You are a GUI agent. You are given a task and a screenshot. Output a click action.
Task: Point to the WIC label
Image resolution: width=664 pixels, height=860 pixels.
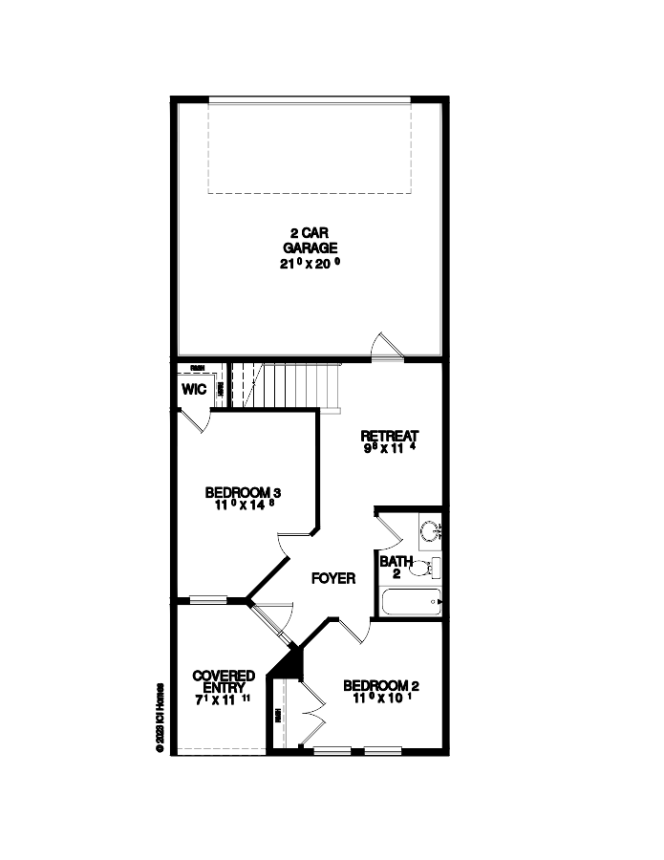(194, 390)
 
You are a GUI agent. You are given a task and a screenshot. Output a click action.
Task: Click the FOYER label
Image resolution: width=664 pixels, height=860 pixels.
(332, 578)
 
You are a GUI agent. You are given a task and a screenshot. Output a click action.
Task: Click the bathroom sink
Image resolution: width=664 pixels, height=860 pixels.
(430, 528)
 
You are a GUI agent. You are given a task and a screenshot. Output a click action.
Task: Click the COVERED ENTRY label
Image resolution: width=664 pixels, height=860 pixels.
(224, 681)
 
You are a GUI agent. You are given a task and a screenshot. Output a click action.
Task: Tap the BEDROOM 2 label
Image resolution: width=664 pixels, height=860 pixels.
(381, 685)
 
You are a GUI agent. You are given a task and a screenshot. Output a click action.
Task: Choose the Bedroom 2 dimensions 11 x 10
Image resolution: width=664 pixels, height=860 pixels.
(381, 699)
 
